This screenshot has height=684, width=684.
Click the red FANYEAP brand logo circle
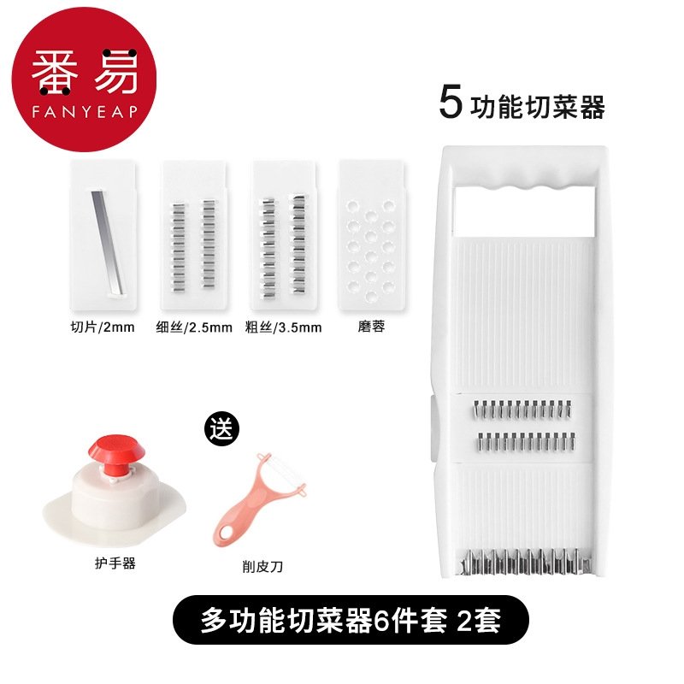click(84, 80)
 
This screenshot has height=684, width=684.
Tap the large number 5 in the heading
click(451, 102)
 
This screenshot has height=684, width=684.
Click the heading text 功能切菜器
click(538, 107)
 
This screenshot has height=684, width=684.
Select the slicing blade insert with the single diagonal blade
click(103, 234)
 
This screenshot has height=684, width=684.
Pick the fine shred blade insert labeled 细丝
click(193, 234)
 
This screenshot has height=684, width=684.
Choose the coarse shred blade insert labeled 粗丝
click(285, 234)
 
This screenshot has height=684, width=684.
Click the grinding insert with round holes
click(372, 234)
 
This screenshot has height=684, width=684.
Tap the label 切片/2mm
click(103, 327)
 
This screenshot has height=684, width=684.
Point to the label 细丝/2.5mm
click(194, 327)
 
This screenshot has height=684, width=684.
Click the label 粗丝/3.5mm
click(284, 327)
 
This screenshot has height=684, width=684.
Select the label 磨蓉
click(371, 327)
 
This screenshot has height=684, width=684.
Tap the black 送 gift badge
click(222, 429)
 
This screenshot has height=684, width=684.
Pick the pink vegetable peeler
click(257, 499)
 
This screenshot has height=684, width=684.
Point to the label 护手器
click(115, 563)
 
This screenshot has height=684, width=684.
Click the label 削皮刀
click(262, 567)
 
